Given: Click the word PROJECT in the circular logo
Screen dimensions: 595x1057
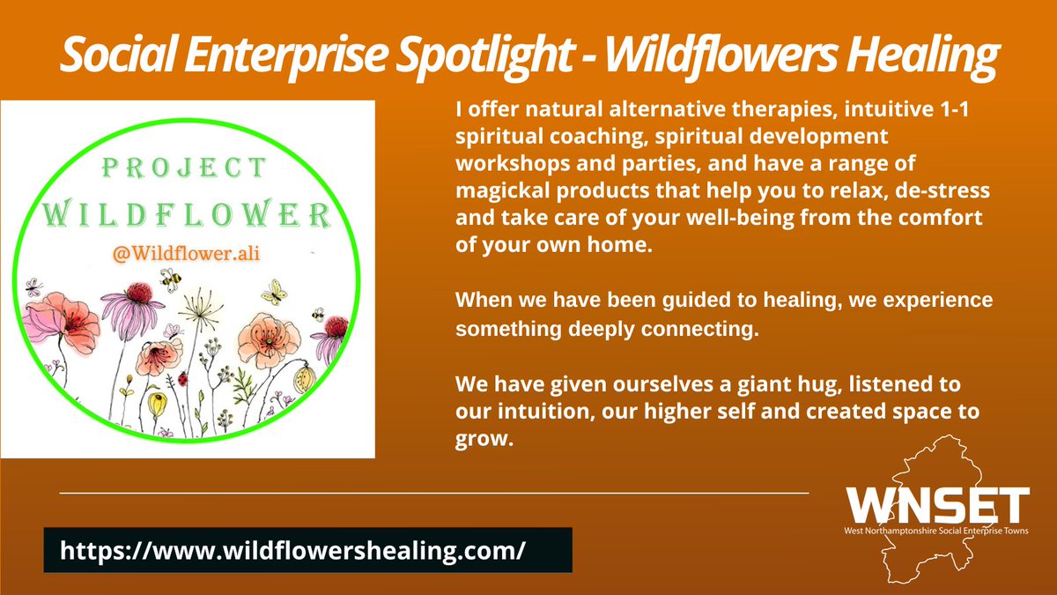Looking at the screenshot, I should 196,167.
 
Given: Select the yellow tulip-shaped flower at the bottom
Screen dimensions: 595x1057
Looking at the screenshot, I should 156,405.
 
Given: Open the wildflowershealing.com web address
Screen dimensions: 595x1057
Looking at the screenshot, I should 292,550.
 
